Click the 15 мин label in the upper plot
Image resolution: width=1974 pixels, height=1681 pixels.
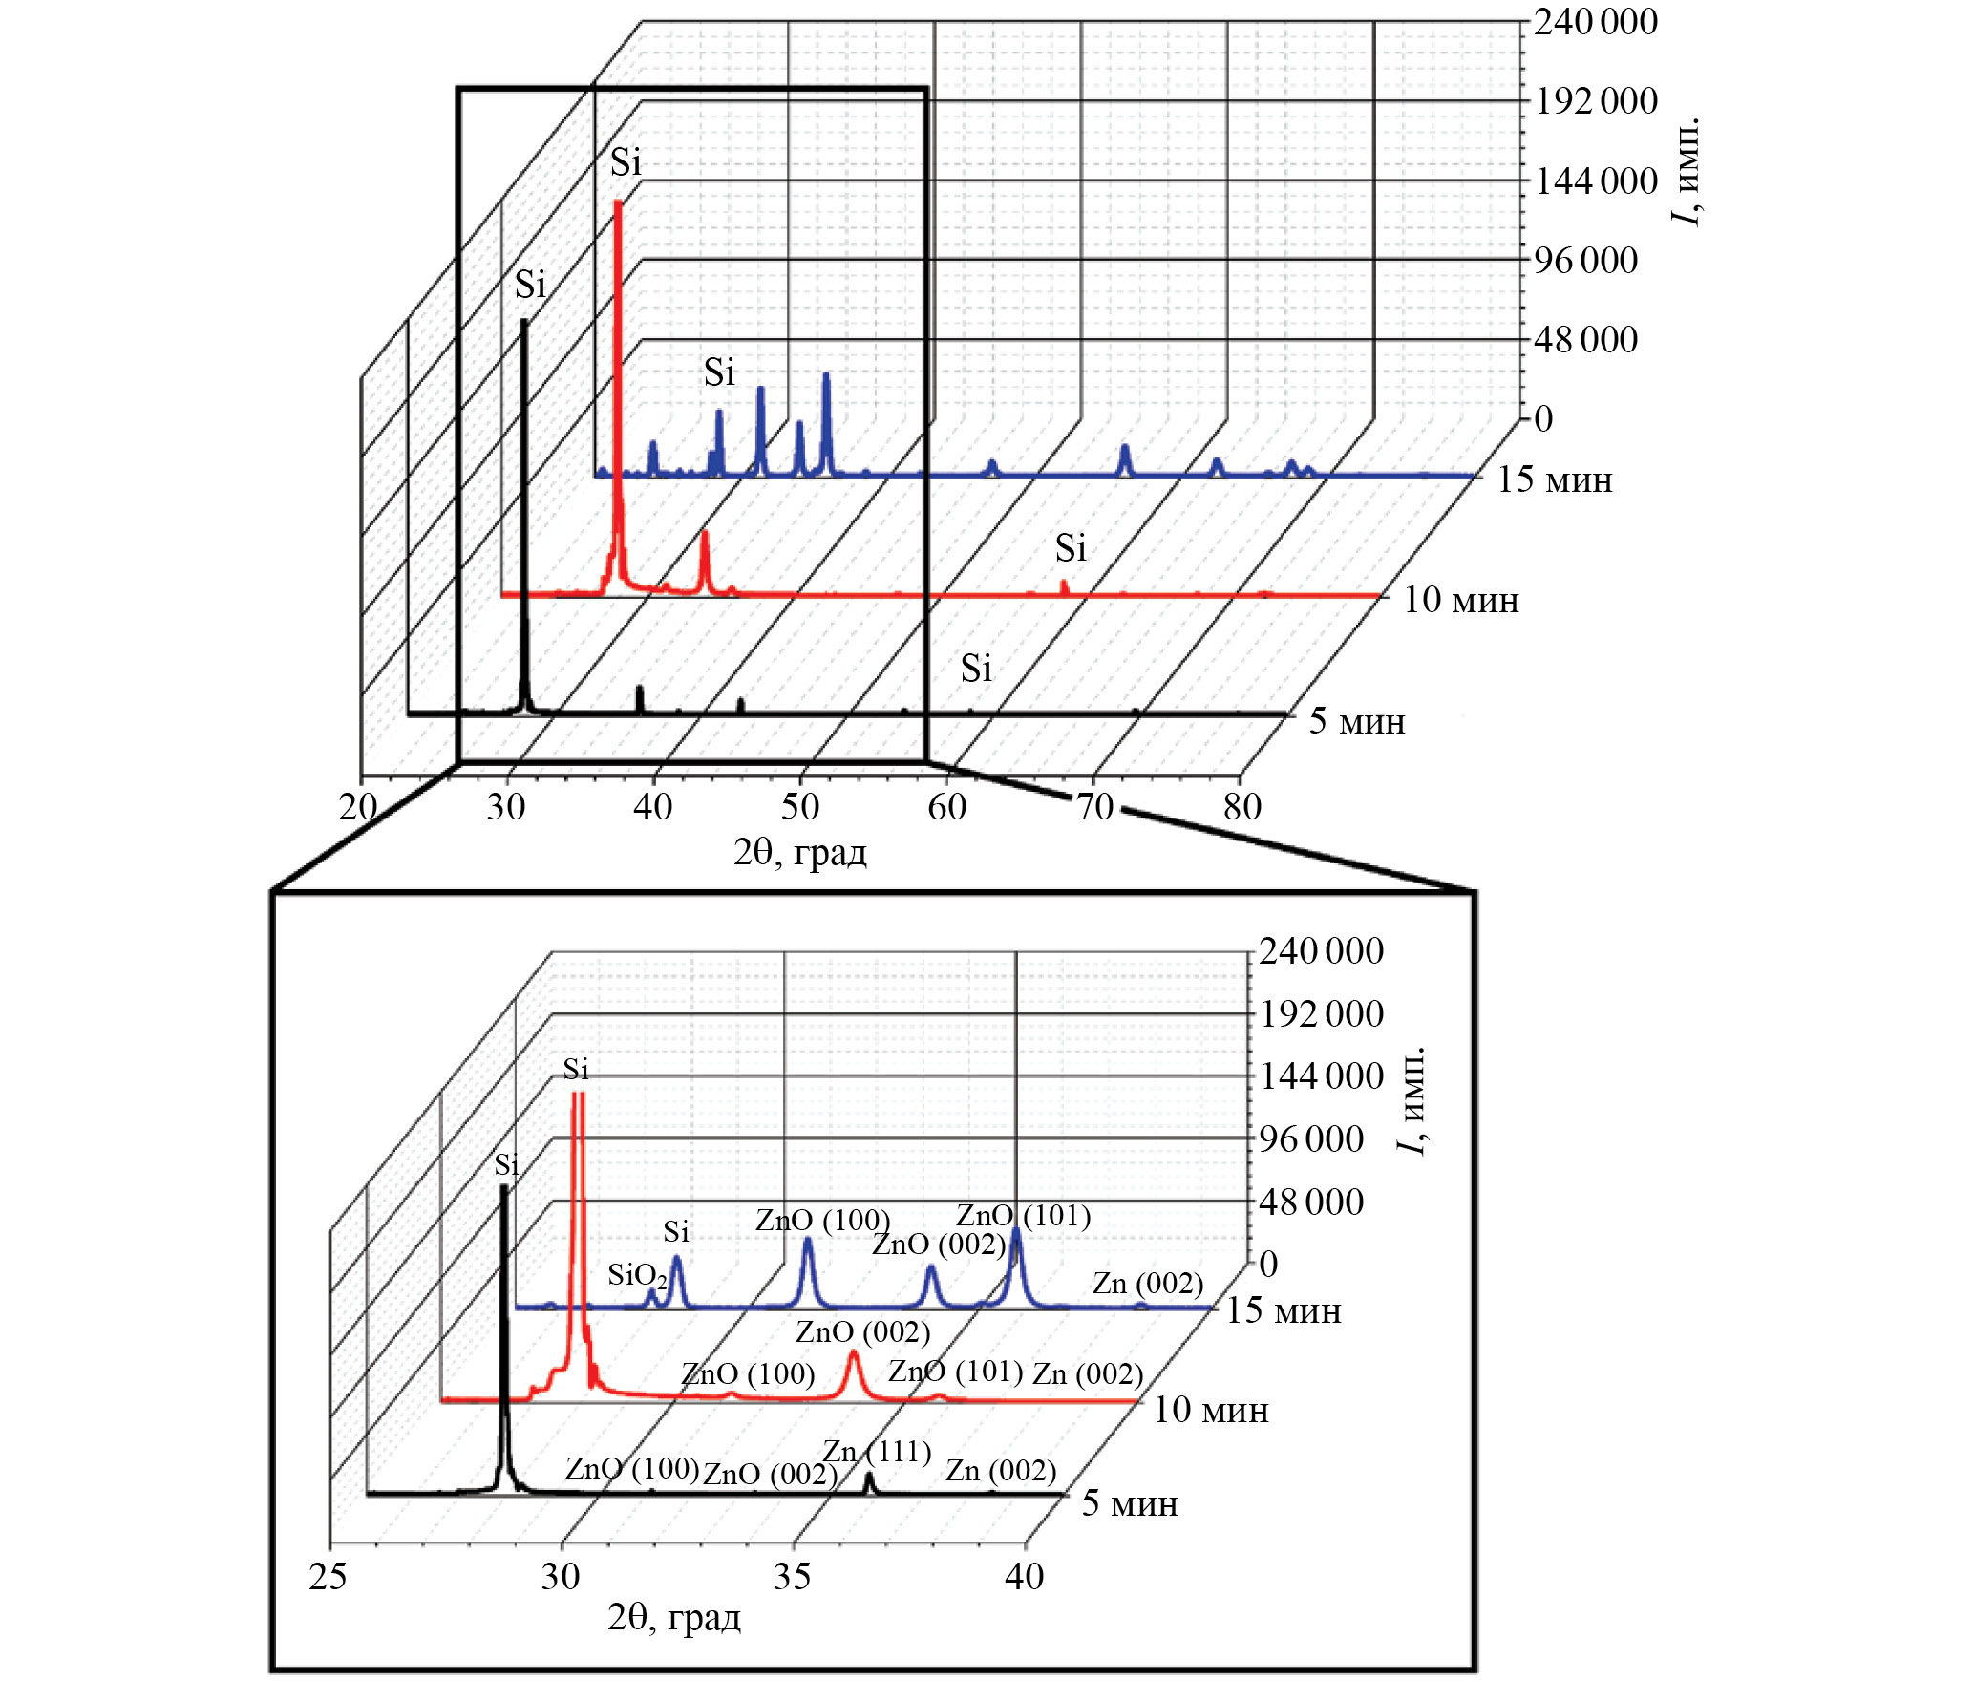point(1554,479)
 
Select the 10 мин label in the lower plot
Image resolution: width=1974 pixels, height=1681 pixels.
point(1211,1410)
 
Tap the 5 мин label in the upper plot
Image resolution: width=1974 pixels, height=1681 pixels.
point(1356,721)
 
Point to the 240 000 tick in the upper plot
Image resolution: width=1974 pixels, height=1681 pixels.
point(1595,22)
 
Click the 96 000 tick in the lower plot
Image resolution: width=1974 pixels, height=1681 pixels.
point(1311,1138)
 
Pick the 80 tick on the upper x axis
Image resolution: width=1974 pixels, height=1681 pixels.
point(1242,808)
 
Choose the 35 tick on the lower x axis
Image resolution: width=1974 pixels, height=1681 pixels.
point(793,1577)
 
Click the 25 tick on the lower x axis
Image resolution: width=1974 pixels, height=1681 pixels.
point(328,1577)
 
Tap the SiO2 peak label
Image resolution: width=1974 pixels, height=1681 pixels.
point(637,1276)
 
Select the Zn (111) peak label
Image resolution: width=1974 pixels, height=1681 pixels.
point(877,1453)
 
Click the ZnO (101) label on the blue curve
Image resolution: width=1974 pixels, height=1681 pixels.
point(1023,1216)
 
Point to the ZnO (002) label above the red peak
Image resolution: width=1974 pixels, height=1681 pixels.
point(862,1331)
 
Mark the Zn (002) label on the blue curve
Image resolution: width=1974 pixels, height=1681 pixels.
point(1147,1284)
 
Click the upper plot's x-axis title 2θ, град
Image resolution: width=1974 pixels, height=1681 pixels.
point(800,852)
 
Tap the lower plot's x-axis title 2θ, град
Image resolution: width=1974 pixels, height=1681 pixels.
point(674,1618)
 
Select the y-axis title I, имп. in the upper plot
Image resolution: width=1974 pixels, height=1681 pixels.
point(1687,172)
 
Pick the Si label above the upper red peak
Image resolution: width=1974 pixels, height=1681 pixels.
point(626,163)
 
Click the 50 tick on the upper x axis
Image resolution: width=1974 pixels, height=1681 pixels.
point(800,808)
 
